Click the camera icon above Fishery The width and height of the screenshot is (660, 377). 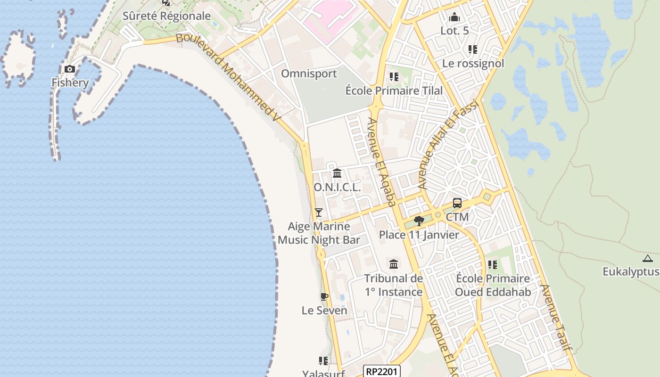(x=70, y=69)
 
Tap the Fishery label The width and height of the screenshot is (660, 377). (x=70, y=83)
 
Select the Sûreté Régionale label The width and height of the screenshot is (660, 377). (x=166, y=16)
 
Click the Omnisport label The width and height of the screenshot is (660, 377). (x=309, y=74)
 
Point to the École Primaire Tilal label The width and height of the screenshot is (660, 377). (x=394, y=90)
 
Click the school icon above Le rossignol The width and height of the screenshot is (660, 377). (x=473, y=49)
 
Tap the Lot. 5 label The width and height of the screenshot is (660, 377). (x=454, y=31)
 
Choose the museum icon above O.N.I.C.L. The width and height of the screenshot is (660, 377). (x=337, y=173)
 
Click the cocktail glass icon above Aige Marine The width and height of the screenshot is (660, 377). (x=319, y=213)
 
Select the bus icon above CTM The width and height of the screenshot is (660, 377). (x=457, y=204)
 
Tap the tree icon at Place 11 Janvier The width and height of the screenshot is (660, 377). (x=419, y=221)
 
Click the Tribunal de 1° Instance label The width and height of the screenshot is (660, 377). (x=394, y=285)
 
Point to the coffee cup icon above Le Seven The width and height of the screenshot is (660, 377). (x=324, y=296)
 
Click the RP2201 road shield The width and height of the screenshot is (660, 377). (x=382, y=371)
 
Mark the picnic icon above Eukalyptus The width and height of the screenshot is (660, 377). (x=647, y=258)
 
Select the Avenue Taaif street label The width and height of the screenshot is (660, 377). (x=556, y=318)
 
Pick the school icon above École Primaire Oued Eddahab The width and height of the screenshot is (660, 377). (x=493, y=265)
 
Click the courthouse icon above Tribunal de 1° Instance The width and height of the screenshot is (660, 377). (x=394, y=264)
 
